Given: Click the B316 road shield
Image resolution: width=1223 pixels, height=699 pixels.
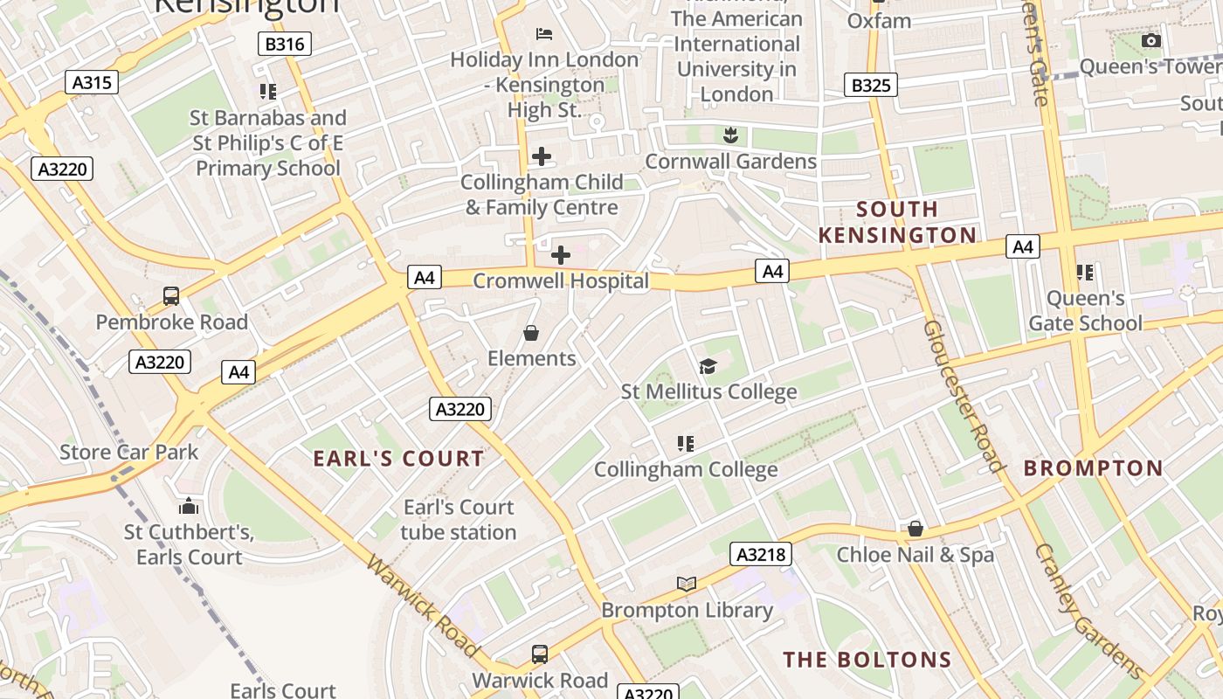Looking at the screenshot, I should (x=285, y=44).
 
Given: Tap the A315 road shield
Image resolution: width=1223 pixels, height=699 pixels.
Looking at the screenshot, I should (x=92, y=82).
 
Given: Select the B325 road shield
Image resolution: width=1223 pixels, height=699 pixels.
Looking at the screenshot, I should (x=871, y=85).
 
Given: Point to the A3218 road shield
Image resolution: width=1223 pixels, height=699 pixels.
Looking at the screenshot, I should (x=762, y=554).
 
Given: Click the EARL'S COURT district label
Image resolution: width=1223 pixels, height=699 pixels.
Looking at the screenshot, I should (x=398, y=459).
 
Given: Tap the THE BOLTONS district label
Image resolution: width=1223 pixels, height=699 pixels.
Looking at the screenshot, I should (x=867, y=660).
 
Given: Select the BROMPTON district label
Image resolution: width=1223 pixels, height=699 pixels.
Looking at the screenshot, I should (x=1094, y=468).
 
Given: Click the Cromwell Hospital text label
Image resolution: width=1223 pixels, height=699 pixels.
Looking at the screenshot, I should (x=561, y=281).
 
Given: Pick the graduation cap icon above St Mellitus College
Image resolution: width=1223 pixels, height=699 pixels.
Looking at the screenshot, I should (x=708, y=367).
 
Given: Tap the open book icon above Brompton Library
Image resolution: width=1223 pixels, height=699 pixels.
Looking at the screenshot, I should (x=687, y=584).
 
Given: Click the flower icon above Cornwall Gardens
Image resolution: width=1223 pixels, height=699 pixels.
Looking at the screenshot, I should (x=730, y=135).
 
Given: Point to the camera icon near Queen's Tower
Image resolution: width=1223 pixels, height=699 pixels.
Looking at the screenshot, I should (x=1151, y=41).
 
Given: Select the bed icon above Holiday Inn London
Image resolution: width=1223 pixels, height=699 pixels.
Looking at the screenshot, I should (x=544, y=34).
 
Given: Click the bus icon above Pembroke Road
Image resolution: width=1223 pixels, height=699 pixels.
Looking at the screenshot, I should (x=171, y=296).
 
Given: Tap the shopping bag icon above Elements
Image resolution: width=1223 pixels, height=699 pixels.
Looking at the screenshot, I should (x=530, y=333).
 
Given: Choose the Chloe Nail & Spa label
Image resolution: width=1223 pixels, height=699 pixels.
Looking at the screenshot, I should (x=915, y=555).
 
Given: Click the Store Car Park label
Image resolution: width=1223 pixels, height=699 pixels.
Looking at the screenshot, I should (x=129, y=452).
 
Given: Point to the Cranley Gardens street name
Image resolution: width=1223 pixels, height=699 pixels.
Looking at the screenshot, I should (x=1088, y=611).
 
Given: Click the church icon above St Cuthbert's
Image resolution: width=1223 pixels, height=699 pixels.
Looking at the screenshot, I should (x=189, y=506).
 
